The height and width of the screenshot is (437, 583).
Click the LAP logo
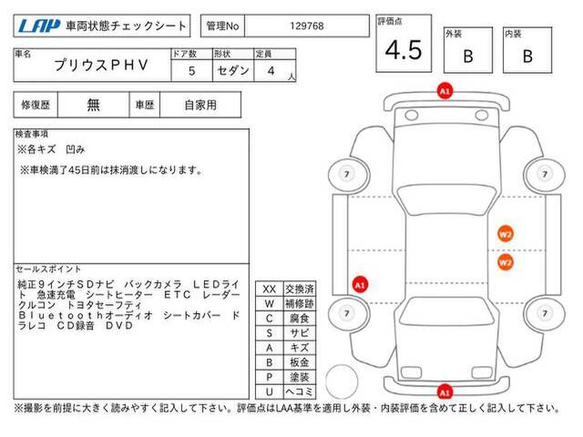click(x=38, y=26)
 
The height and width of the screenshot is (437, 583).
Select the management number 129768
click(x=307, y=26)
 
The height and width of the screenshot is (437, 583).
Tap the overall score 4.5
click(x=404, y=50)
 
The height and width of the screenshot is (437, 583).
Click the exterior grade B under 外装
click(x=468, y=56)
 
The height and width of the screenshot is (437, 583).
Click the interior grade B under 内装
click(x=527, y=56)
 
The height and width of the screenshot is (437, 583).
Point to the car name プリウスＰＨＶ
click(x=101, y=65)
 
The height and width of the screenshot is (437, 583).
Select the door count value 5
click(x=192, y=71)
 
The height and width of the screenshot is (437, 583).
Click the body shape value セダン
click(x=233, y=70)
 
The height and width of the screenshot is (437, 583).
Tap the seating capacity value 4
click(x=271, y=71)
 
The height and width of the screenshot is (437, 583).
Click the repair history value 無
click(x=93, y=105)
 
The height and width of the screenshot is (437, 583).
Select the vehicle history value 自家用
click(x=200, y=106)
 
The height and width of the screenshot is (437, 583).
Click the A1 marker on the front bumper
click(x=445, y=91)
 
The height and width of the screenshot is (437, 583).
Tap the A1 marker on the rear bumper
click(x=445, y=392)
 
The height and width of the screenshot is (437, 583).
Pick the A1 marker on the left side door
click(x=360, y=285)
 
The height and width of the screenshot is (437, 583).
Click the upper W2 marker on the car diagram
click(x=506, y=234)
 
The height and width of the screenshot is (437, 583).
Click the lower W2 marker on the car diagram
click(x=506, y=262)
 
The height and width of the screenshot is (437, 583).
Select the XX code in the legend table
click(x=270, y=290)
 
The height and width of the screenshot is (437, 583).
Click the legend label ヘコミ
click(x=300, y=391)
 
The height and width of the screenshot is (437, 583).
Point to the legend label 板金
click(x=300, y=362)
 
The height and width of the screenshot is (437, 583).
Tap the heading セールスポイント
click(x=48, y=269)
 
